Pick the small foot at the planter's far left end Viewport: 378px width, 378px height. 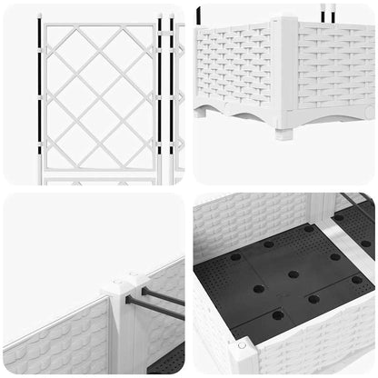coord(199,112)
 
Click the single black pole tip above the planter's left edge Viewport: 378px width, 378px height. coord(199,14)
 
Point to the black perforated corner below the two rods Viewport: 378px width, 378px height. coord(171,358)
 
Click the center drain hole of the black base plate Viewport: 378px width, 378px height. coord(293,274)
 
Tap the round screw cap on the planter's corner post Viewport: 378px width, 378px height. coord(240,345)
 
